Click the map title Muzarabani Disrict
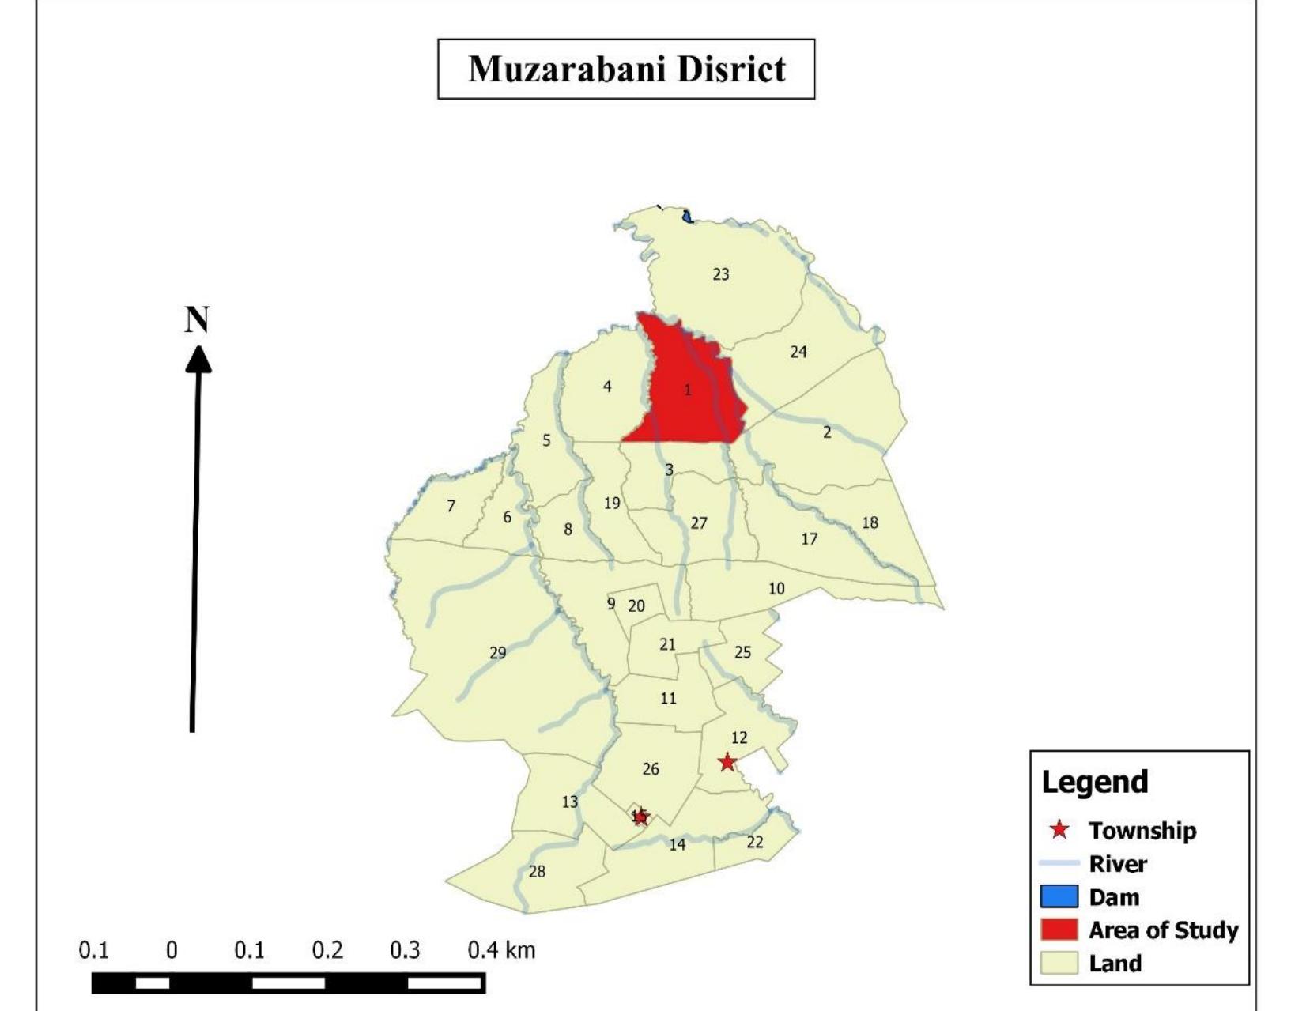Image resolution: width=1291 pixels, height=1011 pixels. [626, 69]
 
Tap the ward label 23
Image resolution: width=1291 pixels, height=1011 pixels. [720, 274]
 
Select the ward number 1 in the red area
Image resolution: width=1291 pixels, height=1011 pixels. [687, 390]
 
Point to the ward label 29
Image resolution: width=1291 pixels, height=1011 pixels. [497, 653]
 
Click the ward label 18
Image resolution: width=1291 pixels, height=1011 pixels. [870, 522]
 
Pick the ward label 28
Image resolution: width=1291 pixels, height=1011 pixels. [537, 872]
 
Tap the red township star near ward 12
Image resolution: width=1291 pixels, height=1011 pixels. [727, 762]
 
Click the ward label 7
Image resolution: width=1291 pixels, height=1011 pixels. [451, 506]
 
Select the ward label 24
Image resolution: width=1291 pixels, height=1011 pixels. [798, 352]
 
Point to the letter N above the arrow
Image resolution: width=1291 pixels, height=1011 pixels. [197, 320]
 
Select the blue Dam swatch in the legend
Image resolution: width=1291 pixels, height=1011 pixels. [1059, 896]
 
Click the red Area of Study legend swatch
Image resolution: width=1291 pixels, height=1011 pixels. [1059, 930]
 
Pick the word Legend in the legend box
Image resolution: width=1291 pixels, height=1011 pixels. [1094, 782]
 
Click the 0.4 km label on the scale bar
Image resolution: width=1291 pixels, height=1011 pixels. [500, 949]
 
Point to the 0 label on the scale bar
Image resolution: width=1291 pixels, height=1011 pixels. [172, 949]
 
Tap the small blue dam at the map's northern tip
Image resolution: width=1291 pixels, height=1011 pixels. [687, 215]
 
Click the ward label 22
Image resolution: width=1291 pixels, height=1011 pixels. [755, 842]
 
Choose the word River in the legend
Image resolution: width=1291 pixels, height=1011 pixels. [1117, 863]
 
